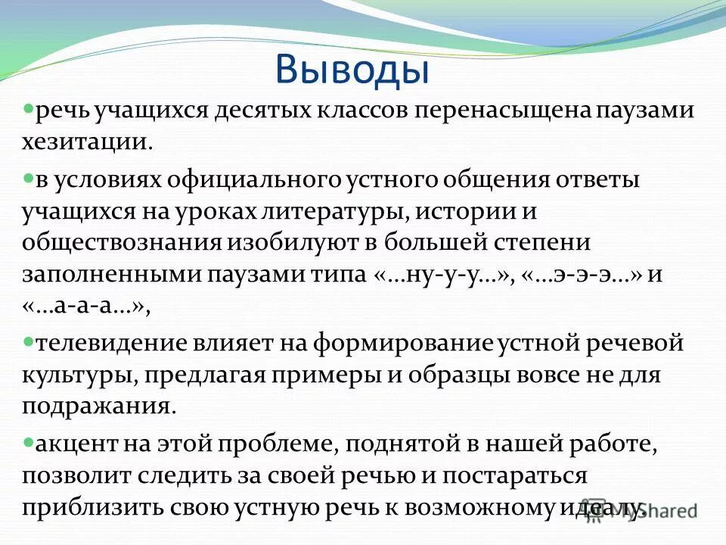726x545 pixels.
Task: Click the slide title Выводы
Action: tap(352, 69)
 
